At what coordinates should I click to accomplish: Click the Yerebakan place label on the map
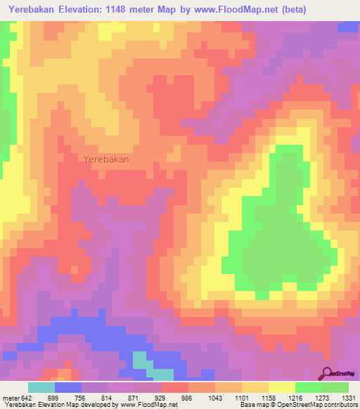(106, 160)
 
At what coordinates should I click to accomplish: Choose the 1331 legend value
(349, 397)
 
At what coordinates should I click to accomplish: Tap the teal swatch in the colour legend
(41, 387)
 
